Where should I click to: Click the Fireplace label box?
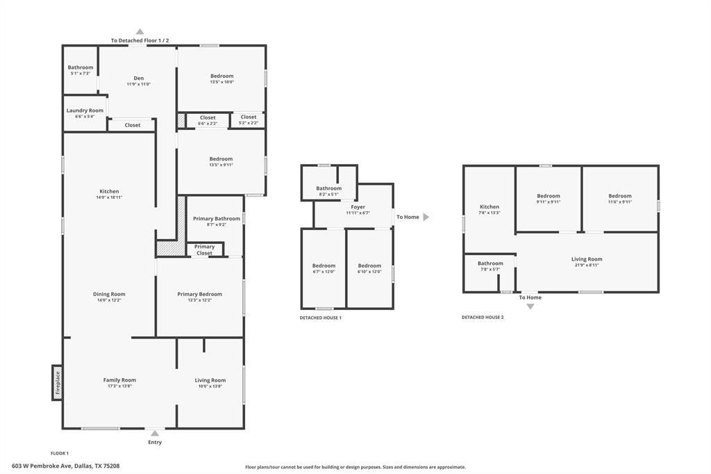tap(57, 382)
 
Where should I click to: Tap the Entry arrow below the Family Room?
tap(155, 433)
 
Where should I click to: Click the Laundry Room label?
tap(85, 111)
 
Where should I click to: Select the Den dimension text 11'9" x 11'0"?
tap(138, 84)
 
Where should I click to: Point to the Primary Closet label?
tap(204, 250)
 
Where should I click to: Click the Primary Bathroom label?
tap(217, 218)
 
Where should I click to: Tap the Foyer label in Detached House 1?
tap(358, 207)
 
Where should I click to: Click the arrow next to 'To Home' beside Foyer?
tap(426, 217)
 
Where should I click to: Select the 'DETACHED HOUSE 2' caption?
tap(483, 318)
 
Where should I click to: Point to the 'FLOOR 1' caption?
tap(60, 453)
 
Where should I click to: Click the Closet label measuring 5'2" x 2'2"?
tap(248, 117)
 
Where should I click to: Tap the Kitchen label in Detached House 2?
tap(489, 207)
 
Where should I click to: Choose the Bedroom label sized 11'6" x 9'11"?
tap(619, 196)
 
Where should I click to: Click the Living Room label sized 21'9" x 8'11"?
tap(587, 259)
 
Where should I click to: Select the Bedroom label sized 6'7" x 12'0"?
tap(324, 265)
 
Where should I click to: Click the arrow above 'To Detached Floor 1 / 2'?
tap(140, 31)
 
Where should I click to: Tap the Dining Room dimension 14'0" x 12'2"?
tap(109, 300)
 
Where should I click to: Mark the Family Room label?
tap(119, 380)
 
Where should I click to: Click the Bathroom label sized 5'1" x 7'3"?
tap(81, 67)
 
